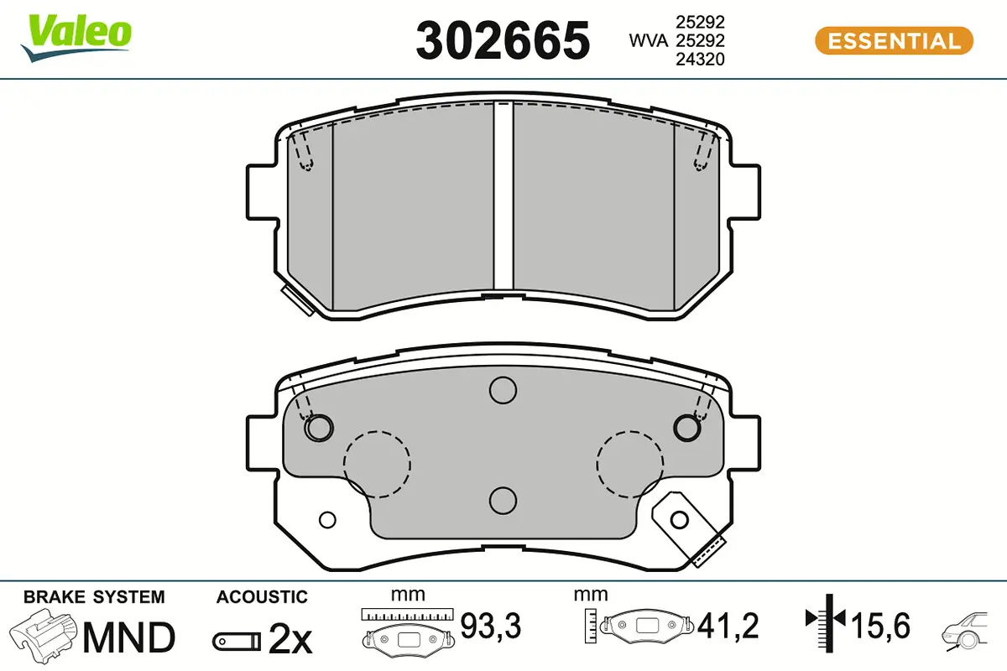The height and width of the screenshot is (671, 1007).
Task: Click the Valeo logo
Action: [x=77, y=36]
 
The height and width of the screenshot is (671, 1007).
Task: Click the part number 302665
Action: [x=503, y=40]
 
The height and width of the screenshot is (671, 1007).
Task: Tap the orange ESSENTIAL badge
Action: [x=894, y=40]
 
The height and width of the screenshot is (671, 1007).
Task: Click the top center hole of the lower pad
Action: [x=503, y=389]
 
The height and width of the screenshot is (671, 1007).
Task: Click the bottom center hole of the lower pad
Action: [x=503, y=500]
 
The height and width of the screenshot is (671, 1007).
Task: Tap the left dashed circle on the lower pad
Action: [x=377, y=464]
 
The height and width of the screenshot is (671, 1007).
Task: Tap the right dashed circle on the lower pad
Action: [x=629, y=464]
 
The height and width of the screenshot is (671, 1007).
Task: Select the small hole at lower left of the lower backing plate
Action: [x=328, y=519]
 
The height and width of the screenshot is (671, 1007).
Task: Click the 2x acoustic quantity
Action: [x=290, y=640]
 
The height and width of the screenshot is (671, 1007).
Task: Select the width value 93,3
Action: [x=492, y=625]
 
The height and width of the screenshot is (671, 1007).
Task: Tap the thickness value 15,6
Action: [x=881, y=625]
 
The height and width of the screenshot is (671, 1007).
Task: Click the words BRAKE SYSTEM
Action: [x=94, y=597]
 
